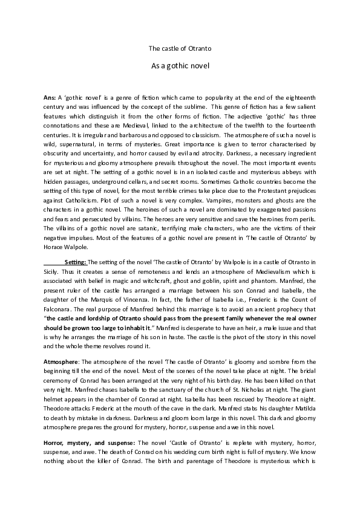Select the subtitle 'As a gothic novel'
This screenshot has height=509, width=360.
180,65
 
